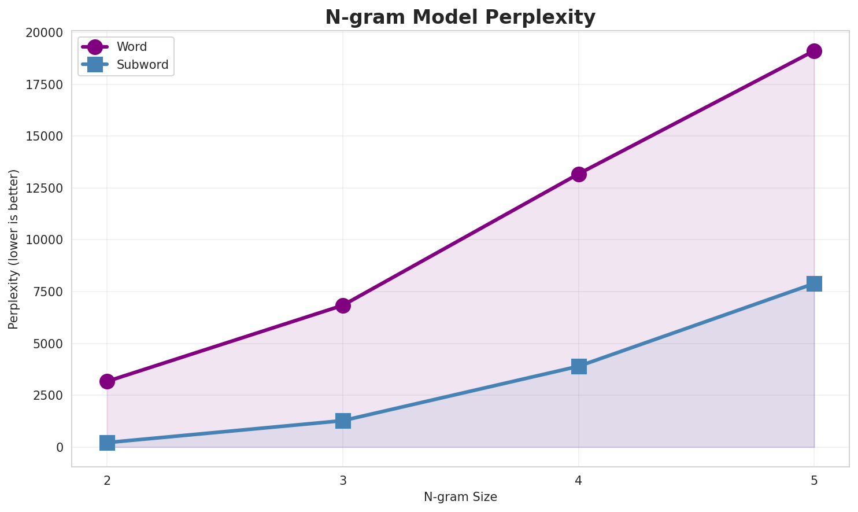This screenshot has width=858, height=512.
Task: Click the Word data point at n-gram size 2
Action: coord(107,381)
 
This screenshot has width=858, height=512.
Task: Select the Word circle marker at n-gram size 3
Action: coord(343,305)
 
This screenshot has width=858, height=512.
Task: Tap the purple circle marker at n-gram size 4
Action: coord(579,174)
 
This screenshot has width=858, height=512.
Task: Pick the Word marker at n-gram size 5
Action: coord(814,51)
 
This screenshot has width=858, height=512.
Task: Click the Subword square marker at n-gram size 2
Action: coord(107,443)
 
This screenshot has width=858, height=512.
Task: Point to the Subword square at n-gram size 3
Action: coord(343,421)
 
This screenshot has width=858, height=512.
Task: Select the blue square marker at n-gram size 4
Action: coord(579,366)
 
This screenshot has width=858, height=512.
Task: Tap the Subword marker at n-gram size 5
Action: coord(814,283)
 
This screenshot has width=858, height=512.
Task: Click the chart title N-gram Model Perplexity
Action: coord(460,17)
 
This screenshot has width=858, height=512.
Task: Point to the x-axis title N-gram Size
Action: coord(460,497)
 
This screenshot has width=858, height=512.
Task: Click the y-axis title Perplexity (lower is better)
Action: coord(14,249)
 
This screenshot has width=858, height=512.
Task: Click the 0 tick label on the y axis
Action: coord(60,447)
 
